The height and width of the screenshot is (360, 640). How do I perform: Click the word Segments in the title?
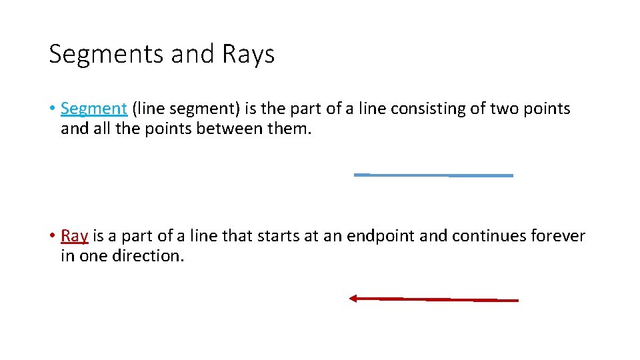coord(107,55)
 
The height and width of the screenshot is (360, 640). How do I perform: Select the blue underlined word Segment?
coord(93,108)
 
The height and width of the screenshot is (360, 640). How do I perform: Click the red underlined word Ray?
coord(74,235)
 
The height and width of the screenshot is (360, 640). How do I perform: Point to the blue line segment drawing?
coord(433,175)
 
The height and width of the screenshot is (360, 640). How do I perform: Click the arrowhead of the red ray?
coord(354,299)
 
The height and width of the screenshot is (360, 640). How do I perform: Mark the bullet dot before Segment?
coord(52,109)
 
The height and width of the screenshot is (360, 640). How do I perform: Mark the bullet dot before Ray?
coord(52,236)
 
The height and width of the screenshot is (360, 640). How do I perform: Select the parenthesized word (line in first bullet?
coord(148,108)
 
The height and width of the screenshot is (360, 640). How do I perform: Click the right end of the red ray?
coord(517,301)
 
